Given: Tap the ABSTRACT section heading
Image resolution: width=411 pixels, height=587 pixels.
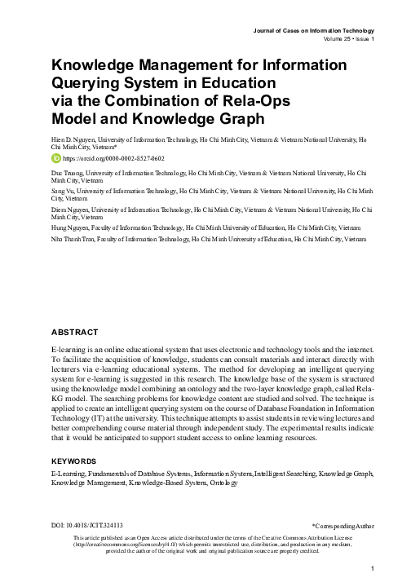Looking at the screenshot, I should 75,332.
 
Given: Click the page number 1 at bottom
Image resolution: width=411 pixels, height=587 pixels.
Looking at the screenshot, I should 371,568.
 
